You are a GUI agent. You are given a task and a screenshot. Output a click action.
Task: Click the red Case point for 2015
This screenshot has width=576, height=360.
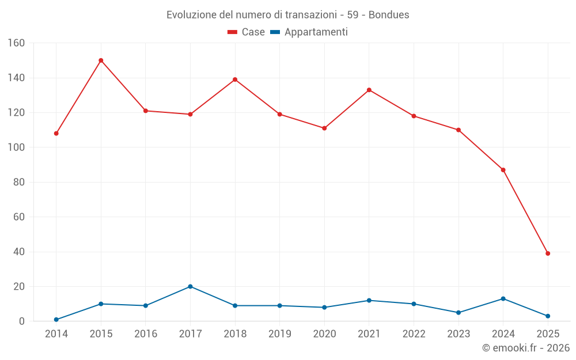click(x=101, y=60)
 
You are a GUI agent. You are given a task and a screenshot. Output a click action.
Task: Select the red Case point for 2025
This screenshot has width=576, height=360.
click(x=548, y=253)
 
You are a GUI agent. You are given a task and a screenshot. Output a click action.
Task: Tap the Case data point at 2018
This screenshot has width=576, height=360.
click(x=235, y=79)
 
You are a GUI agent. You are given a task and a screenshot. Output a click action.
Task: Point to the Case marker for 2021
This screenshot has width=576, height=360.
click(x=369, y=90)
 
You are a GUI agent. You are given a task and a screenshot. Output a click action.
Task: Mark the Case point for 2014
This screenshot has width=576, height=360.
click(x=56, y=134)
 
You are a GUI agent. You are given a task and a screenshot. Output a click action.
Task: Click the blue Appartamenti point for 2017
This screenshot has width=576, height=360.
click(x=190, y=286)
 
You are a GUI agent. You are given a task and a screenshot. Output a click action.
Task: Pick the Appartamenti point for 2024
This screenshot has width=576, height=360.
click(x=503, y=298)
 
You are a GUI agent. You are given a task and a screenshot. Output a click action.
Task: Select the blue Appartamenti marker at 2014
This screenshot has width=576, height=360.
click(x=56, y=320)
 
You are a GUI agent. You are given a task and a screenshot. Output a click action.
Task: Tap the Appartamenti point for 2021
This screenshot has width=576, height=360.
click(x=369, y=300)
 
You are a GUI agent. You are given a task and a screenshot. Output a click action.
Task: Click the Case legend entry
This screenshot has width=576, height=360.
click(x=246, y=32)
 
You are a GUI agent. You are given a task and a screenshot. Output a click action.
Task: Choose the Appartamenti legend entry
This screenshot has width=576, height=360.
click(x=309, y=32)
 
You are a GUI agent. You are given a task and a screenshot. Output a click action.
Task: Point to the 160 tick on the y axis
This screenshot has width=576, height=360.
click(x=16, y=43)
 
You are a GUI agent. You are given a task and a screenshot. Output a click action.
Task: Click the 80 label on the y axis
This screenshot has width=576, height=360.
click(x=19, y=182)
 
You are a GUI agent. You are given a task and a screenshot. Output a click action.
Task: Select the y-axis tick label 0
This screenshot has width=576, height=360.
click(x=22, y=321)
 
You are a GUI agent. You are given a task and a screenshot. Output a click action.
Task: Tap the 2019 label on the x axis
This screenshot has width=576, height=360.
click(x=279, y=334)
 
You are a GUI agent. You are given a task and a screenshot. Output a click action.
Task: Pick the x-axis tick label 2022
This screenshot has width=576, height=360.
click(x=414, y=334)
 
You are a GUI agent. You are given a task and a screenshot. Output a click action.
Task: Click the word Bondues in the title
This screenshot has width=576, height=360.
click(x=389, y=15)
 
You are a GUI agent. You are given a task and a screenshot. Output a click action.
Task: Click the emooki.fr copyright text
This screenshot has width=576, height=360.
click(x=526, y=348)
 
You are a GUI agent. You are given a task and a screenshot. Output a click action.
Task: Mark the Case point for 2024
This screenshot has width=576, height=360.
click(x=503, y=170)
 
